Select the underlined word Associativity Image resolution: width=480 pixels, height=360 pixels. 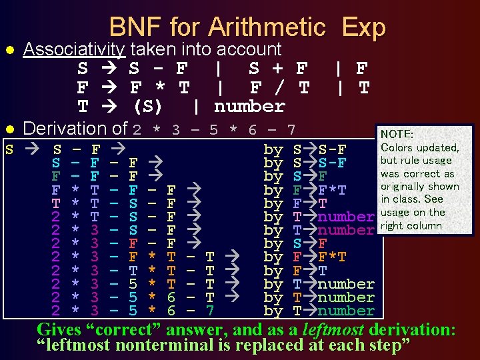pyautogui.click(x=74, y=49)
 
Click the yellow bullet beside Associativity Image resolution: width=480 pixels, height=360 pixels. pyautogui.click(x=9, y=50)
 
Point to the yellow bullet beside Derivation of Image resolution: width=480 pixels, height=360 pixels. pyautogui.click(x=9, y=129)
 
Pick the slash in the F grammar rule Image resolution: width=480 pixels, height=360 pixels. pyautogui.click(x=277, y=87)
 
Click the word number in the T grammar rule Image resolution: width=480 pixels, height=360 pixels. pyautogui.click(x=249, y=107)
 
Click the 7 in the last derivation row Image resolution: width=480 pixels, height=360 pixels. pyautogui.click(x=210, y=311)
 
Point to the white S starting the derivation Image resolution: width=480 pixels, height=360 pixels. pyautogui.click(x=9, y=149)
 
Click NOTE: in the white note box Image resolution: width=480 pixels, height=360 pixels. pyautogui.click(x=397, y=135)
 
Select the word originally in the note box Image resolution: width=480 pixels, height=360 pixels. pyautogui.click(x=407, y=187)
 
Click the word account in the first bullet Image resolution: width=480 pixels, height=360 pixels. pyautogui.click(x=250, y=49)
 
